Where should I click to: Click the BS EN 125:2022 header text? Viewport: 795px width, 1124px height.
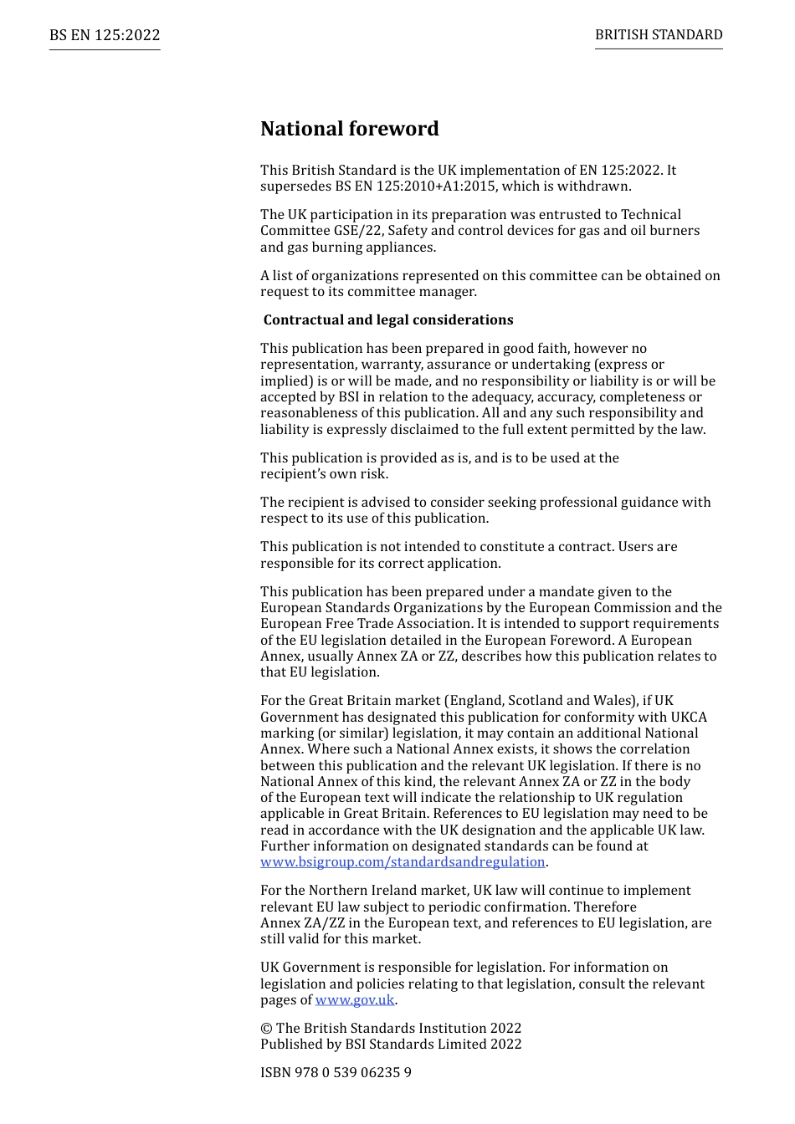point(105,35)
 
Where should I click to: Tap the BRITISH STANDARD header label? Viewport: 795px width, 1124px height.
point(659,35)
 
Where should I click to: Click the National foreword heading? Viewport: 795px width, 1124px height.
point(349,129)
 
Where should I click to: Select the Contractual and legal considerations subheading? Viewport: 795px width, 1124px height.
point(388,320)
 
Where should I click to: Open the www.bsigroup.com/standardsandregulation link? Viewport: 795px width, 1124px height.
point(403,862)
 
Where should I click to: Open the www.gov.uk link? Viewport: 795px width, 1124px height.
point(354,1000)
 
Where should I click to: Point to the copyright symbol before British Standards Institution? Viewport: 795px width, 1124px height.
point(266,1029)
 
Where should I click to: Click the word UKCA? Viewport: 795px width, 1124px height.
point(689,718)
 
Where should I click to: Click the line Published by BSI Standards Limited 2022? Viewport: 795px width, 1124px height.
point(391,1045)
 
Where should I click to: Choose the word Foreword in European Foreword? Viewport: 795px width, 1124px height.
point(582,641)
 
